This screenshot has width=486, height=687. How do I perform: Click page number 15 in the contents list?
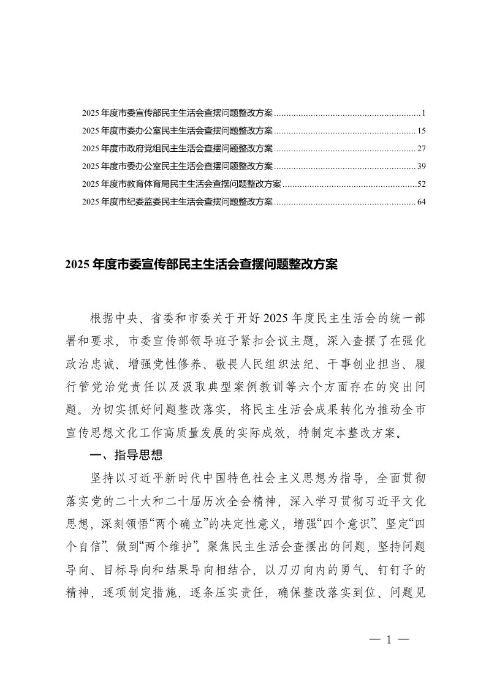[421, 131]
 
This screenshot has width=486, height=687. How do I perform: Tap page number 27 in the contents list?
[421, 149]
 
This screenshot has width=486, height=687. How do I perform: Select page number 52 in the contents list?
[421, 184]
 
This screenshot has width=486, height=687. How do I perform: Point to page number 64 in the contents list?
[421, 201]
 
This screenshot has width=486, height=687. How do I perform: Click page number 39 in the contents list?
[421, 167]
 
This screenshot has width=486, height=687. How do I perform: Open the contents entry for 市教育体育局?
[181, 184]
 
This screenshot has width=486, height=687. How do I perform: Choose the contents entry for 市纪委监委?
[177, 201]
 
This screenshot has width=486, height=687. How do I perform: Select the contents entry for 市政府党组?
[177, 149]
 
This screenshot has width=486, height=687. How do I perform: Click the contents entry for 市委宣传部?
[177, 114]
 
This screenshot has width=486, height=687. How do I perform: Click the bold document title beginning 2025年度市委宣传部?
[200, 265]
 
